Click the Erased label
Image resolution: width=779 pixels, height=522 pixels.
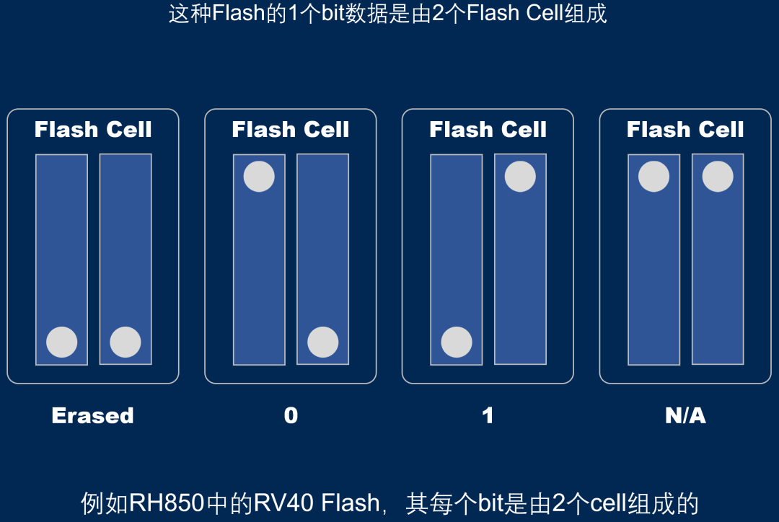coord(93,415)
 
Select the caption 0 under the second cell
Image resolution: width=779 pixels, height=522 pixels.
coord(291,415)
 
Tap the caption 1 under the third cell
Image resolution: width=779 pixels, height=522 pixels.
coord(488,415)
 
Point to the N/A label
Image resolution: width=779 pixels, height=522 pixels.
coord(685,415)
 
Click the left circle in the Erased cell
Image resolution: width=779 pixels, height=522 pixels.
coord(62,342)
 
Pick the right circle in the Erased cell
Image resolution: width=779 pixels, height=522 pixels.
coord(126,342)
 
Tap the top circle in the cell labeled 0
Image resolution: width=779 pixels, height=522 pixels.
coord(259,177)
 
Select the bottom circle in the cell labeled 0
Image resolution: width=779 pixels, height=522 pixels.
coord(322,342)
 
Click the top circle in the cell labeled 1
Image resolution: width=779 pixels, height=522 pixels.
coord(520,177)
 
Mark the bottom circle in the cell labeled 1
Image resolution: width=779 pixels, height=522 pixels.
coord(457,342)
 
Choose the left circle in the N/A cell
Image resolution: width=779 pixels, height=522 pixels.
coord(654,177)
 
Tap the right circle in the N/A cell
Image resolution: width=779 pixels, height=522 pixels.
coord(718,177)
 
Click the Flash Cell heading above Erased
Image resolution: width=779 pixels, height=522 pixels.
coord(93,130)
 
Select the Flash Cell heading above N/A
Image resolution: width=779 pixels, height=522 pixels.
coord(685,130)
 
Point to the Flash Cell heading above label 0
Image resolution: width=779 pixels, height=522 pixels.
coord(291,130)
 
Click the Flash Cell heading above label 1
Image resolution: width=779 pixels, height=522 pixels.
coord(488,130)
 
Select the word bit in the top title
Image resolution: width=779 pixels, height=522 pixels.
coord(333,13)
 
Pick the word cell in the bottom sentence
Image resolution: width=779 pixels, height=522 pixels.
coord(609,503)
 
